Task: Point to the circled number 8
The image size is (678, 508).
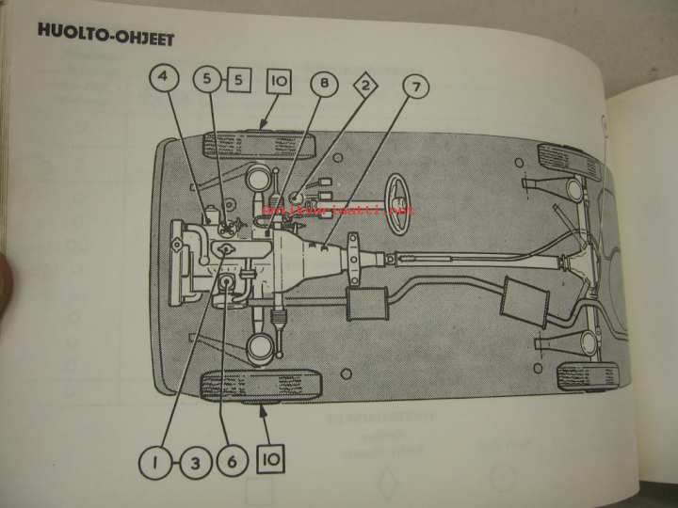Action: click(x=324, y=85)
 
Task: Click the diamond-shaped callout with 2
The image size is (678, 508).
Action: click(x=365, y=90)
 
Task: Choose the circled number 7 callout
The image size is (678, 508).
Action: click(x=413, y=87)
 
